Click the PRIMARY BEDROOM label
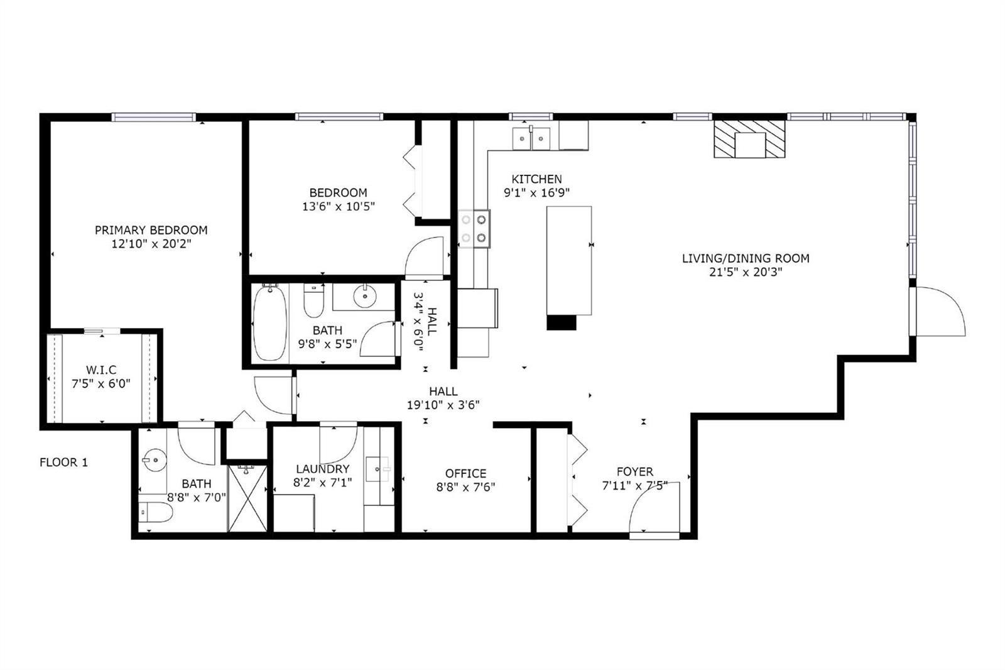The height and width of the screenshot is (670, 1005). click(x=151, y=230)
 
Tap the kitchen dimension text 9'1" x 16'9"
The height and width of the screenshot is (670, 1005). click(x=536, y=193)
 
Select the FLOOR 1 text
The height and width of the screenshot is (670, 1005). click(x=63, y=462)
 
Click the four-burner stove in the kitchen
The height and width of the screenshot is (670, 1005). click(x=474, y=229)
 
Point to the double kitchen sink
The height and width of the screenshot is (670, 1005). click(x=531, y=138)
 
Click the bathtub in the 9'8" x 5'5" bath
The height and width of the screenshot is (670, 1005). click(x=269, y=322)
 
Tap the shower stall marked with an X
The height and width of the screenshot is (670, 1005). click(x=247, y=498)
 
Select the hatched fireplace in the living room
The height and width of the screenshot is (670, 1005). click(x=750, y=139)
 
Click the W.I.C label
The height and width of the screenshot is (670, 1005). click(x=101, y=370)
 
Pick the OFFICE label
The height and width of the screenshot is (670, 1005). click(x=465, y=473)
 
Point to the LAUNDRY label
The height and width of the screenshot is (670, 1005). click(x=323, y=469)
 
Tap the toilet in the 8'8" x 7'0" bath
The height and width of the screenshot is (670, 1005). click(x=155, y=512)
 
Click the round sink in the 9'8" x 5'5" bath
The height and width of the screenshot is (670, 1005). click(x=365, y=296)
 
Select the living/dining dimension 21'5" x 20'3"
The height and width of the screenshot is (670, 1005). click(x=746, y=272)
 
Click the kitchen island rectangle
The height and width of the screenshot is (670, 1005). click(x=569, y=260)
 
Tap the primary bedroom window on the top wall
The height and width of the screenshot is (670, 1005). click(x=153, y=117)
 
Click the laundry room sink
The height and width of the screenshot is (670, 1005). click(x=378, y=470)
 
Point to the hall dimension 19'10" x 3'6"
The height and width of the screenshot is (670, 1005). click(x=443, y=405)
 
